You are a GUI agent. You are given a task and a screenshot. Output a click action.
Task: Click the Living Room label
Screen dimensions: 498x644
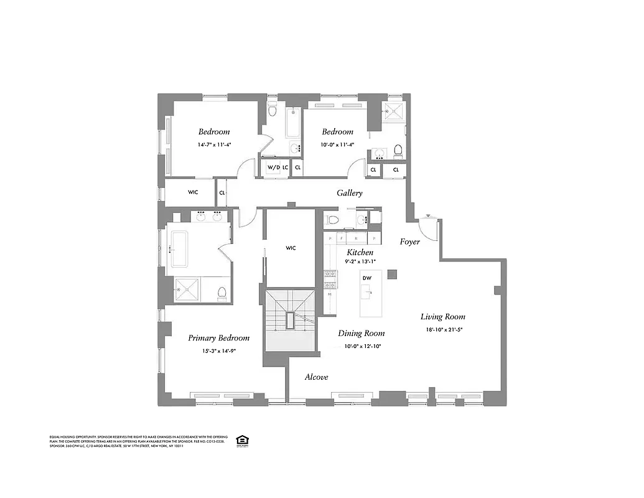pyautogui.click(x=442, y=316)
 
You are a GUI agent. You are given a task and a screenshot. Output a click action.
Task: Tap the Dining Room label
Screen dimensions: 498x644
pyautogui.click(x=361, y=333)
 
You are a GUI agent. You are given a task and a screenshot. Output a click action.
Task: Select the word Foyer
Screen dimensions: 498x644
pyautogui.click(x=409, y=242)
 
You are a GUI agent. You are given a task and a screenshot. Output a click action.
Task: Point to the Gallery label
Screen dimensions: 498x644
pyautogui.click(x=350, y=193)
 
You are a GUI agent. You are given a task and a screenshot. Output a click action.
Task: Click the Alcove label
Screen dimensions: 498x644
pyautogui.click(x=316, y=377)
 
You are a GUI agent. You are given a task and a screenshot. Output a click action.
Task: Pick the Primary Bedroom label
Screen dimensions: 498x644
pyautogui.click(x=218, y=338)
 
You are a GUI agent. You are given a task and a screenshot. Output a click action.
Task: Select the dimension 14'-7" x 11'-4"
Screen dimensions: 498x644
pyautogui.click(x=213, y=144)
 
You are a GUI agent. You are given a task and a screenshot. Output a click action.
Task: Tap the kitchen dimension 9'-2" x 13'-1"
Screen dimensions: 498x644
pyautogui.click(x=360, y=262)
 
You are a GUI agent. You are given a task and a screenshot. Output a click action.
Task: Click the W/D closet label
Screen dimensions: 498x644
pyautogui.click(x=272, y=167)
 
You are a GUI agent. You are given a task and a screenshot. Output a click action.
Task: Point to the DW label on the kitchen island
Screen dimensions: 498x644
pyautogui.click(x=366, y=278)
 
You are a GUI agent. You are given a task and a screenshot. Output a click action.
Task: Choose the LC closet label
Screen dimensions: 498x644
pyautogui.click(x=285, y=167)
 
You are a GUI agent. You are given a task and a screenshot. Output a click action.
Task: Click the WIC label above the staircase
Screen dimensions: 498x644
pyautogui.click(x=291, y=248)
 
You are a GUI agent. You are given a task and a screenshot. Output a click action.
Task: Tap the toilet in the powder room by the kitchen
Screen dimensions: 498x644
pyautogui.click(x=333, y=219)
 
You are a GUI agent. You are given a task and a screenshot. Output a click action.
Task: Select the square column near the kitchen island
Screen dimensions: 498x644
pyautogui.click(x=392, y=274)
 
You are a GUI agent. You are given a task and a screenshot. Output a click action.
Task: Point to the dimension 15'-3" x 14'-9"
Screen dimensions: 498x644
pyautogui.click(x=218, y=350)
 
